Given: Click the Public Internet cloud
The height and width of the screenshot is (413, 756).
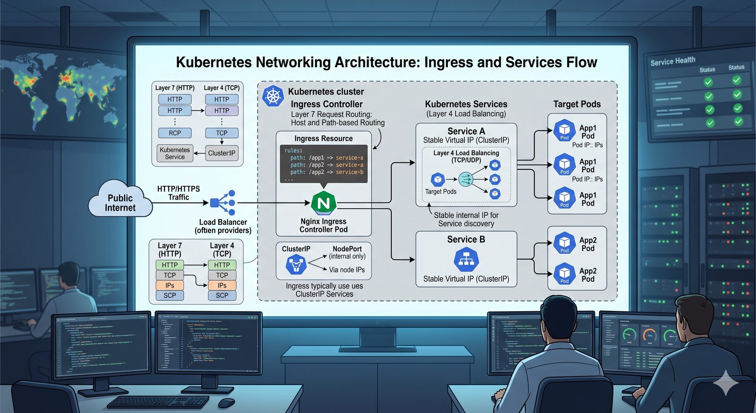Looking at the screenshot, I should (x=120, y=201).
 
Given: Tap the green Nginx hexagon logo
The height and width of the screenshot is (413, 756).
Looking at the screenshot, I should (x=324, y=203).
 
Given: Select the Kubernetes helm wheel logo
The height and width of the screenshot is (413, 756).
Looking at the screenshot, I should (x=273, y=96).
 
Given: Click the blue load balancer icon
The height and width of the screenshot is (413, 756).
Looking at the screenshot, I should (x=223, y=203).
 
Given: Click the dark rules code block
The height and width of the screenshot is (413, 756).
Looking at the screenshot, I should (x=324, y=164).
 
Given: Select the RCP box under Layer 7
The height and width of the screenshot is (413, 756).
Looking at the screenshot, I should (x=175, y=133).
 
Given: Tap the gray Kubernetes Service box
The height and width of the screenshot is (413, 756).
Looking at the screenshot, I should (x=175, y=153).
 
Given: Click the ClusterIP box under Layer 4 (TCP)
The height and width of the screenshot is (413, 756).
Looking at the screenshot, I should (x=222, y=153).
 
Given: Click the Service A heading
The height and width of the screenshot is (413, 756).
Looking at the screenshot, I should (x=466, y=131).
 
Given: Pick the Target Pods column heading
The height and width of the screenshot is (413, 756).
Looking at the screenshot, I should (x=577, y=104).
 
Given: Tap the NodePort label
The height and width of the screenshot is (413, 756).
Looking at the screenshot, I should (x=347, y=249).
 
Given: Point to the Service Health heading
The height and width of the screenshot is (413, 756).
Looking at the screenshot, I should (x=672, y=61).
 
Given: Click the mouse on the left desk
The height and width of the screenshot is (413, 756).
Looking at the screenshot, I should (x=226, y=403).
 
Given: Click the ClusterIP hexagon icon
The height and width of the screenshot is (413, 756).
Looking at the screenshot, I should (x=296, y=264).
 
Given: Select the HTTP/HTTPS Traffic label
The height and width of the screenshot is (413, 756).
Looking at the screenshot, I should (x=179, y=193).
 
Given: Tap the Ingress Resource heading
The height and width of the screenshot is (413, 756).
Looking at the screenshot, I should (x=323, y=139).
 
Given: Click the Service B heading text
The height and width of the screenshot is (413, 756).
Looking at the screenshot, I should (x=466, y=239).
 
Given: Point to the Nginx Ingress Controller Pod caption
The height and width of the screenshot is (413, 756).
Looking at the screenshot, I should (x=324, y=226).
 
